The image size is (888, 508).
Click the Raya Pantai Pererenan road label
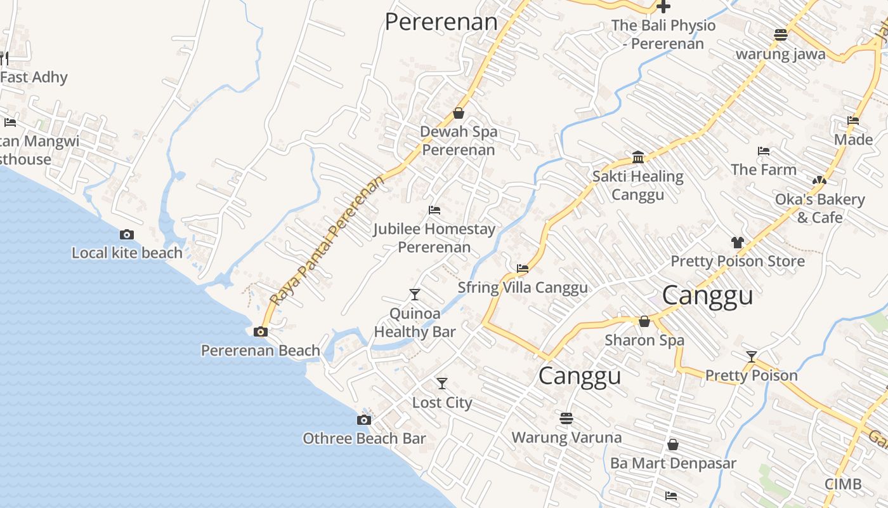[x=327, y=240]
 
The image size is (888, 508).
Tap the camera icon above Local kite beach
[x=127, y=234]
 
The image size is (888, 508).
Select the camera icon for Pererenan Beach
[x=260, y=331]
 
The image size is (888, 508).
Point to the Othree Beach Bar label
[x=364, y=438]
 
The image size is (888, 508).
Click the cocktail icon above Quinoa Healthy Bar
[x=415, y=294]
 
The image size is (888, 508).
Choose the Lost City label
[x=442, y=403]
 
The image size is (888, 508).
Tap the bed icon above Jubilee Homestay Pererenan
[x=434, y=210]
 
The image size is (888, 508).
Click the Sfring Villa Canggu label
[x=523, y=287]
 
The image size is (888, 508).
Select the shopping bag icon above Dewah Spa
[x=459, y=113]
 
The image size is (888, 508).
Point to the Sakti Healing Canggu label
[x=638, y=185]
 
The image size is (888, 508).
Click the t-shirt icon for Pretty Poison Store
[x=737, y=242]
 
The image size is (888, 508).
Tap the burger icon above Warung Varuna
[x=566, y=418]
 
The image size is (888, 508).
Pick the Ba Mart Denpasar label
[x=673, y=463]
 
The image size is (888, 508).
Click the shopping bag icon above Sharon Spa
[x=644, y=321]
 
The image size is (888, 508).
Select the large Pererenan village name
[x=441, y=22]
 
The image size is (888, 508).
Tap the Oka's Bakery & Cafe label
[x=819, y=208]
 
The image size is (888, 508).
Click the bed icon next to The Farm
[x=764, y=151]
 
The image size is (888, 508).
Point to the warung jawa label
[x=780, y=53]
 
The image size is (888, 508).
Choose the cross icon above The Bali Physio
[x=663, y=7]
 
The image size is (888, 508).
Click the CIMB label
[x=843, y=484]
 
